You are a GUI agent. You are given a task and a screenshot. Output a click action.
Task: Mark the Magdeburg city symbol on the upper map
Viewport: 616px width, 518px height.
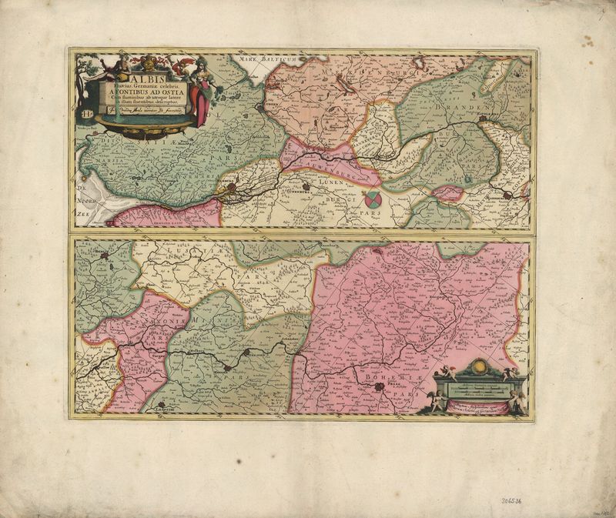(508, 196)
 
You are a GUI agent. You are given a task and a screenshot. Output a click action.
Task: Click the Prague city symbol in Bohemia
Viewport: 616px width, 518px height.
(378, 388)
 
